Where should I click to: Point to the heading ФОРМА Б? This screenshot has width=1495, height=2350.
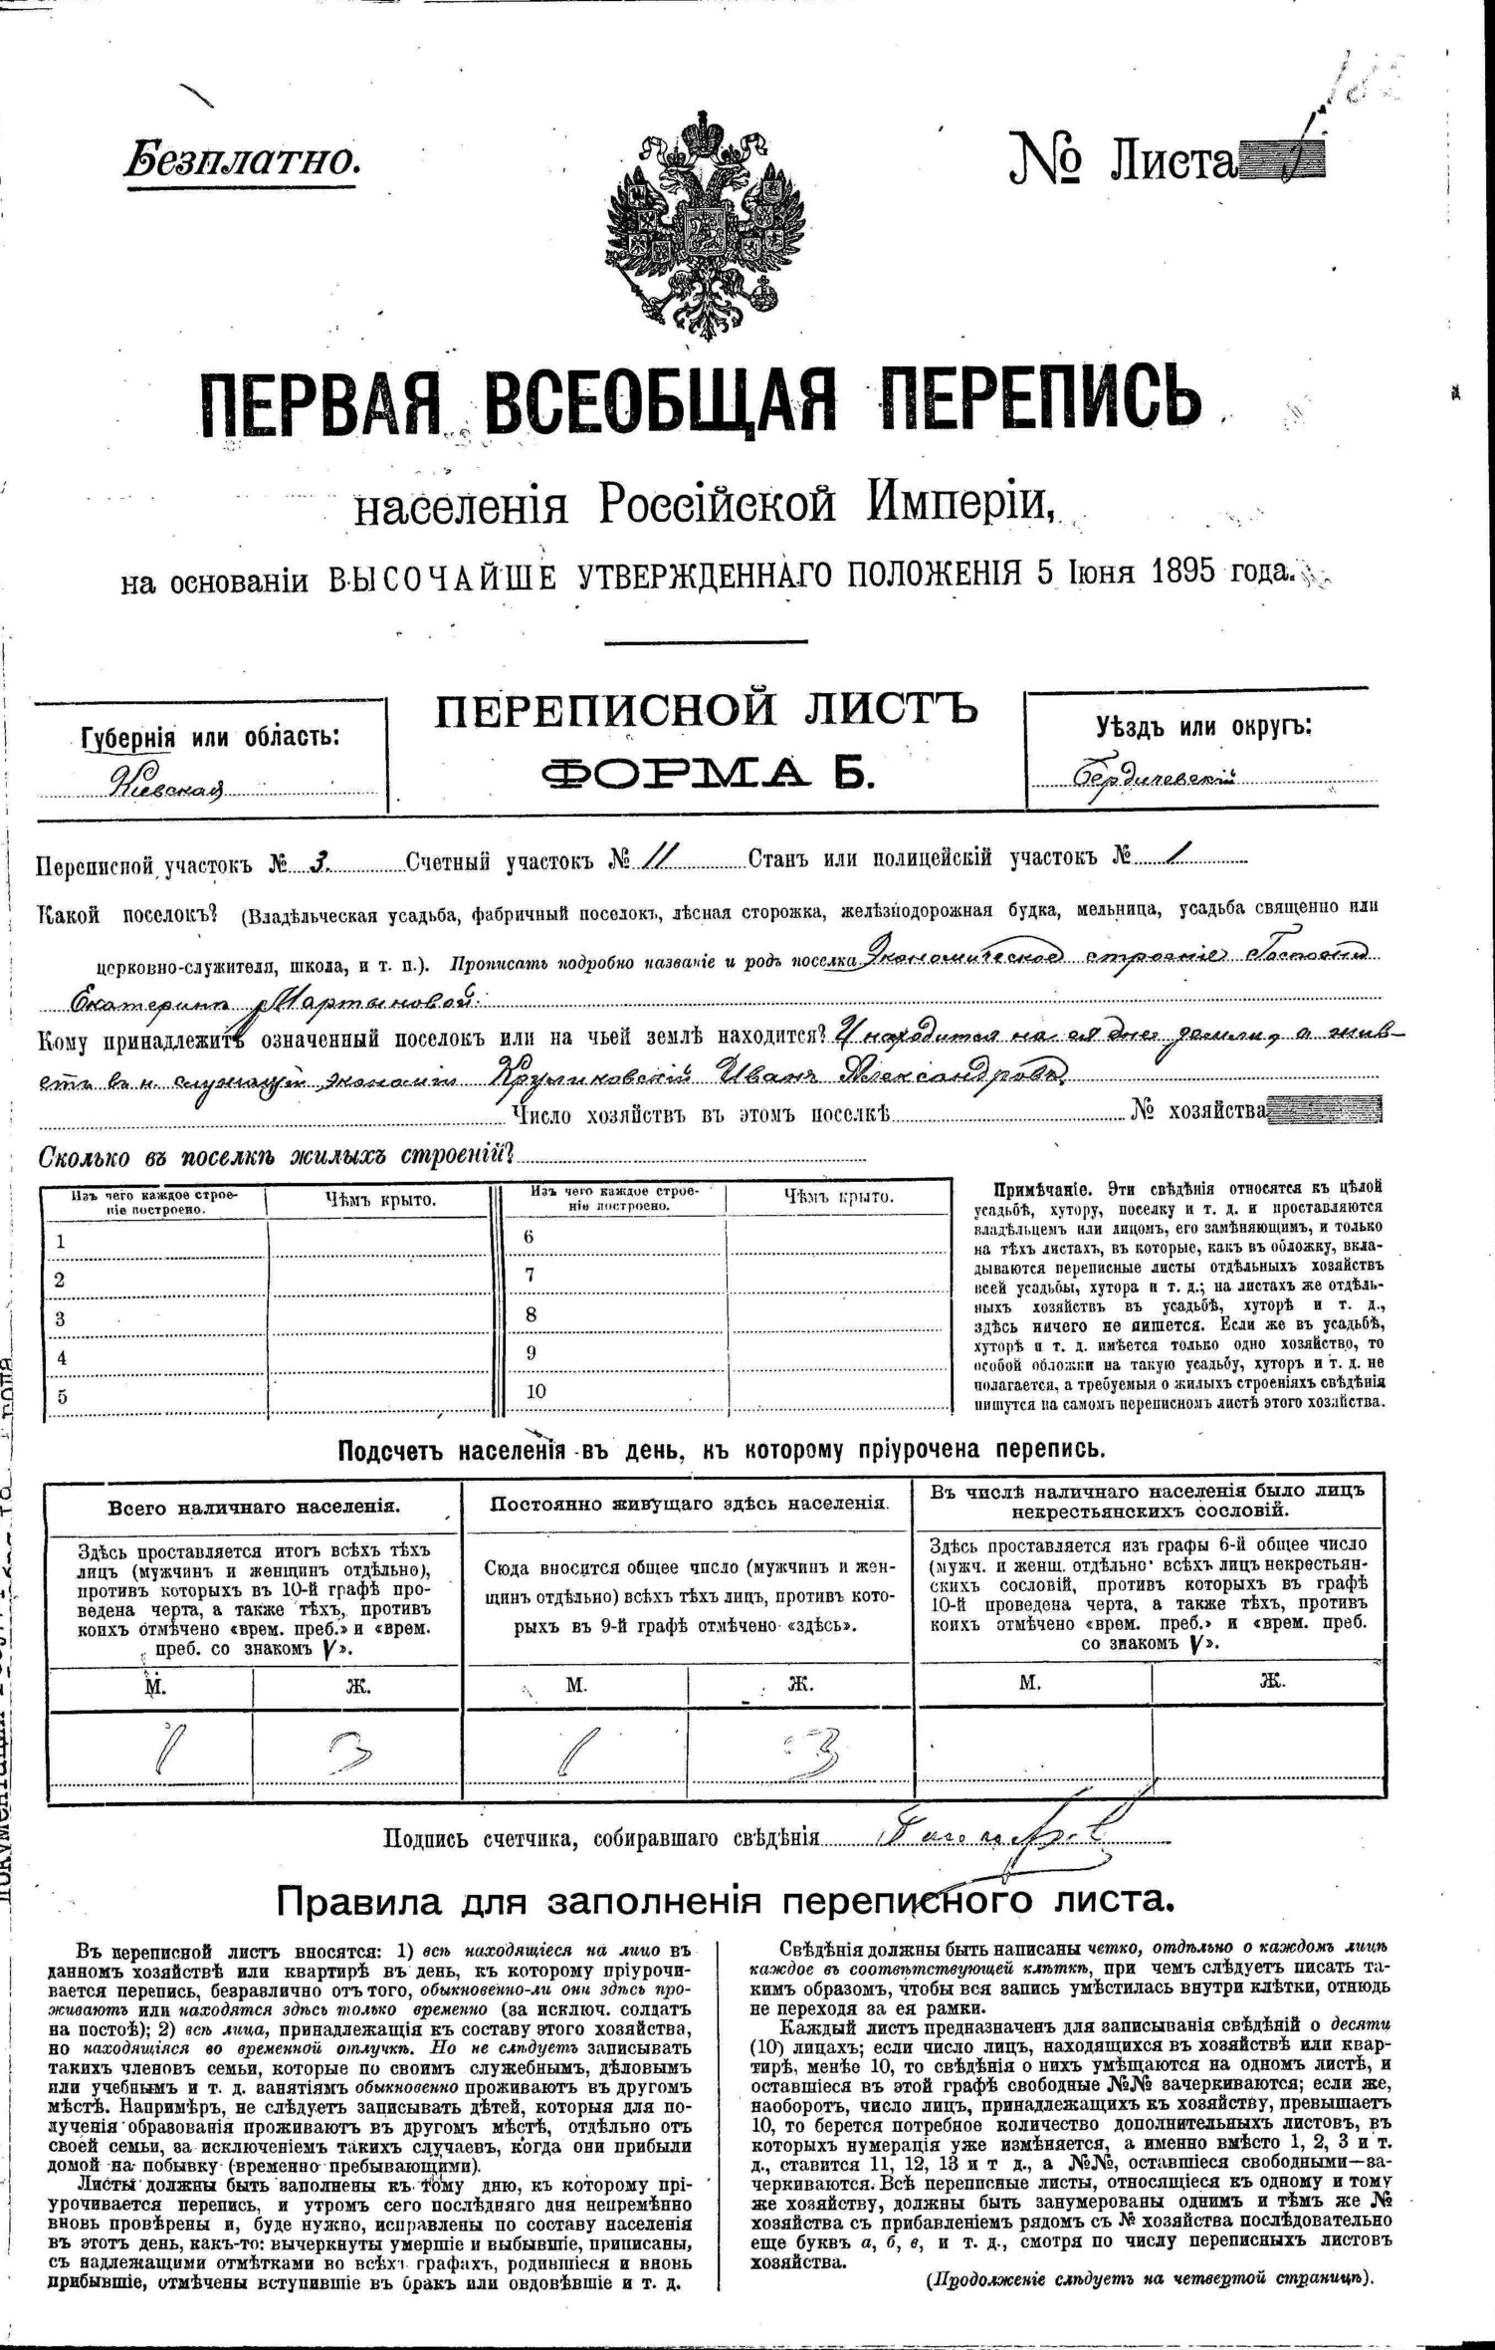pyautogui.click(x=707, y=772)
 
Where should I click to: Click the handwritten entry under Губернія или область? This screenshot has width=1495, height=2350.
pyautogui.click(x=168, y=786)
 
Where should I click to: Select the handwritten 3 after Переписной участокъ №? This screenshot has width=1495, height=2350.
pyautogui.click(x=318, y=862)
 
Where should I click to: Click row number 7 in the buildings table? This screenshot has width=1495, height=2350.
pyautogui.click(x=531, y=1275)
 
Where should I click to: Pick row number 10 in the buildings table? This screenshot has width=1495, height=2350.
pyautogui.click(x=534, y=1391)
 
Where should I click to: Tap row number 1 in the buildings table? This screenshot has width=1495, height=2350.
pyautogui.click(x=61, y=1242)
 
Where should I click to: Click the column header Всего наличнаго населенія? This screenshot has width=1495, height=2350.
pyautogui.click(x=254, y=1506)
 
